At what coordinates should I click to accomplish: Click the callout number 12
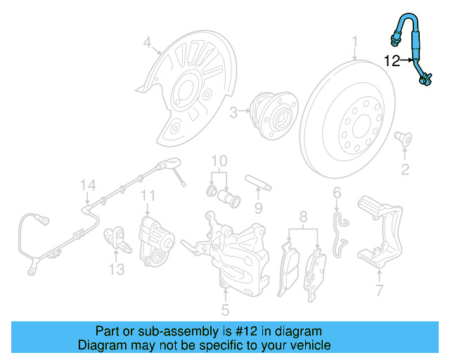tap(392, 61)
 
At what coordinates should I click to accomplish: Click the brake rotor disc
tap(352, 127)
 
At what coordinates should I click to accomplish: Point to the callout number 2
tap(405, 168)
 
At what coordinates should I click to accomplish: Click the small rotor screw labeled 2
tap(404, 136)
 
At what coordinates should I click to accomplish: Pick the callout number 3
tap(233, 110)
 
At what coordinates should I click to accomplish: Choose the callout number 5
tap(225, 309)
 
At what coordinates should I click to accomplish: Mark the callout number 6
tap(337, 192)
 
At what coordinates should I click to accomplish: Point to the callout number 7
tap(380, 290)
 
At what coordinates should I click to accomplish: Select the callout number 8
tap(302, 216)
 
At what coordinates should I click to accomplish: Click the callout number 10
tap(219, 161)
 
